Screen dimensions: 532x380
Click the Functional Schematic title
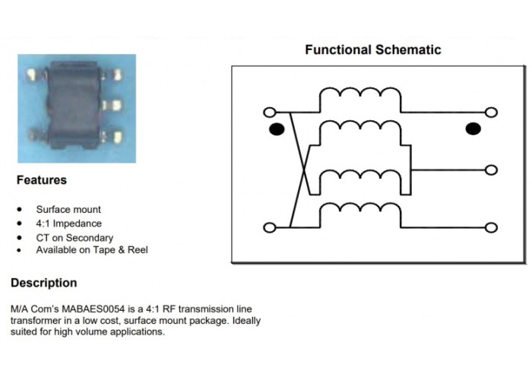coord(373,50)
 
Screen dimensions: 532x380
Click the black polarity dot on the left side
coord(277,129)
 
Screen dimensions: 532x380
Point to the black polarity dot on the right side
coord(473,129)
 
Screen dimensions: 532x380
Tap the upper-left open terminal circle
coord(270,112)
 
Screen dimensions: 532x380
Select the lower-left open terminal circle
coord(270,227)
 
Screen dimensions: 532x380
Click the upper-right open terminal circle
coord(491,112)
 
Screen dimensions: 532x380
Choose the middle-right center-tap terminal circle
coord(491,170)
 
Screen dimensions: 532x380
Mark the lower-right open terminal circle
coord(491,227)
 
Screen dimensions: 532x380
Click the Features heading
coord(42,180)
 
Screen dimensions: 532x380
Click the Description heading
coord(44,283)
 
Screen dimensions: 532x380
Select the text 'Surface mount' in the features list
coord(68,209)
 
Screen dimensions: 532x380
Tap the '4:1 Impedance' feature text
coord(69,223)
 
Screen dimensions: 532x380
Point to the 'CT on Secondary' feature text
coord(74,238)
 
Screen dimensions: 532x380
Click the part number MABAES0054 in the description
coord(93,309)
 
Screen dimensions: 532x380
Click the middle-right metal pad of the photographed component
coord(112,106)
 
